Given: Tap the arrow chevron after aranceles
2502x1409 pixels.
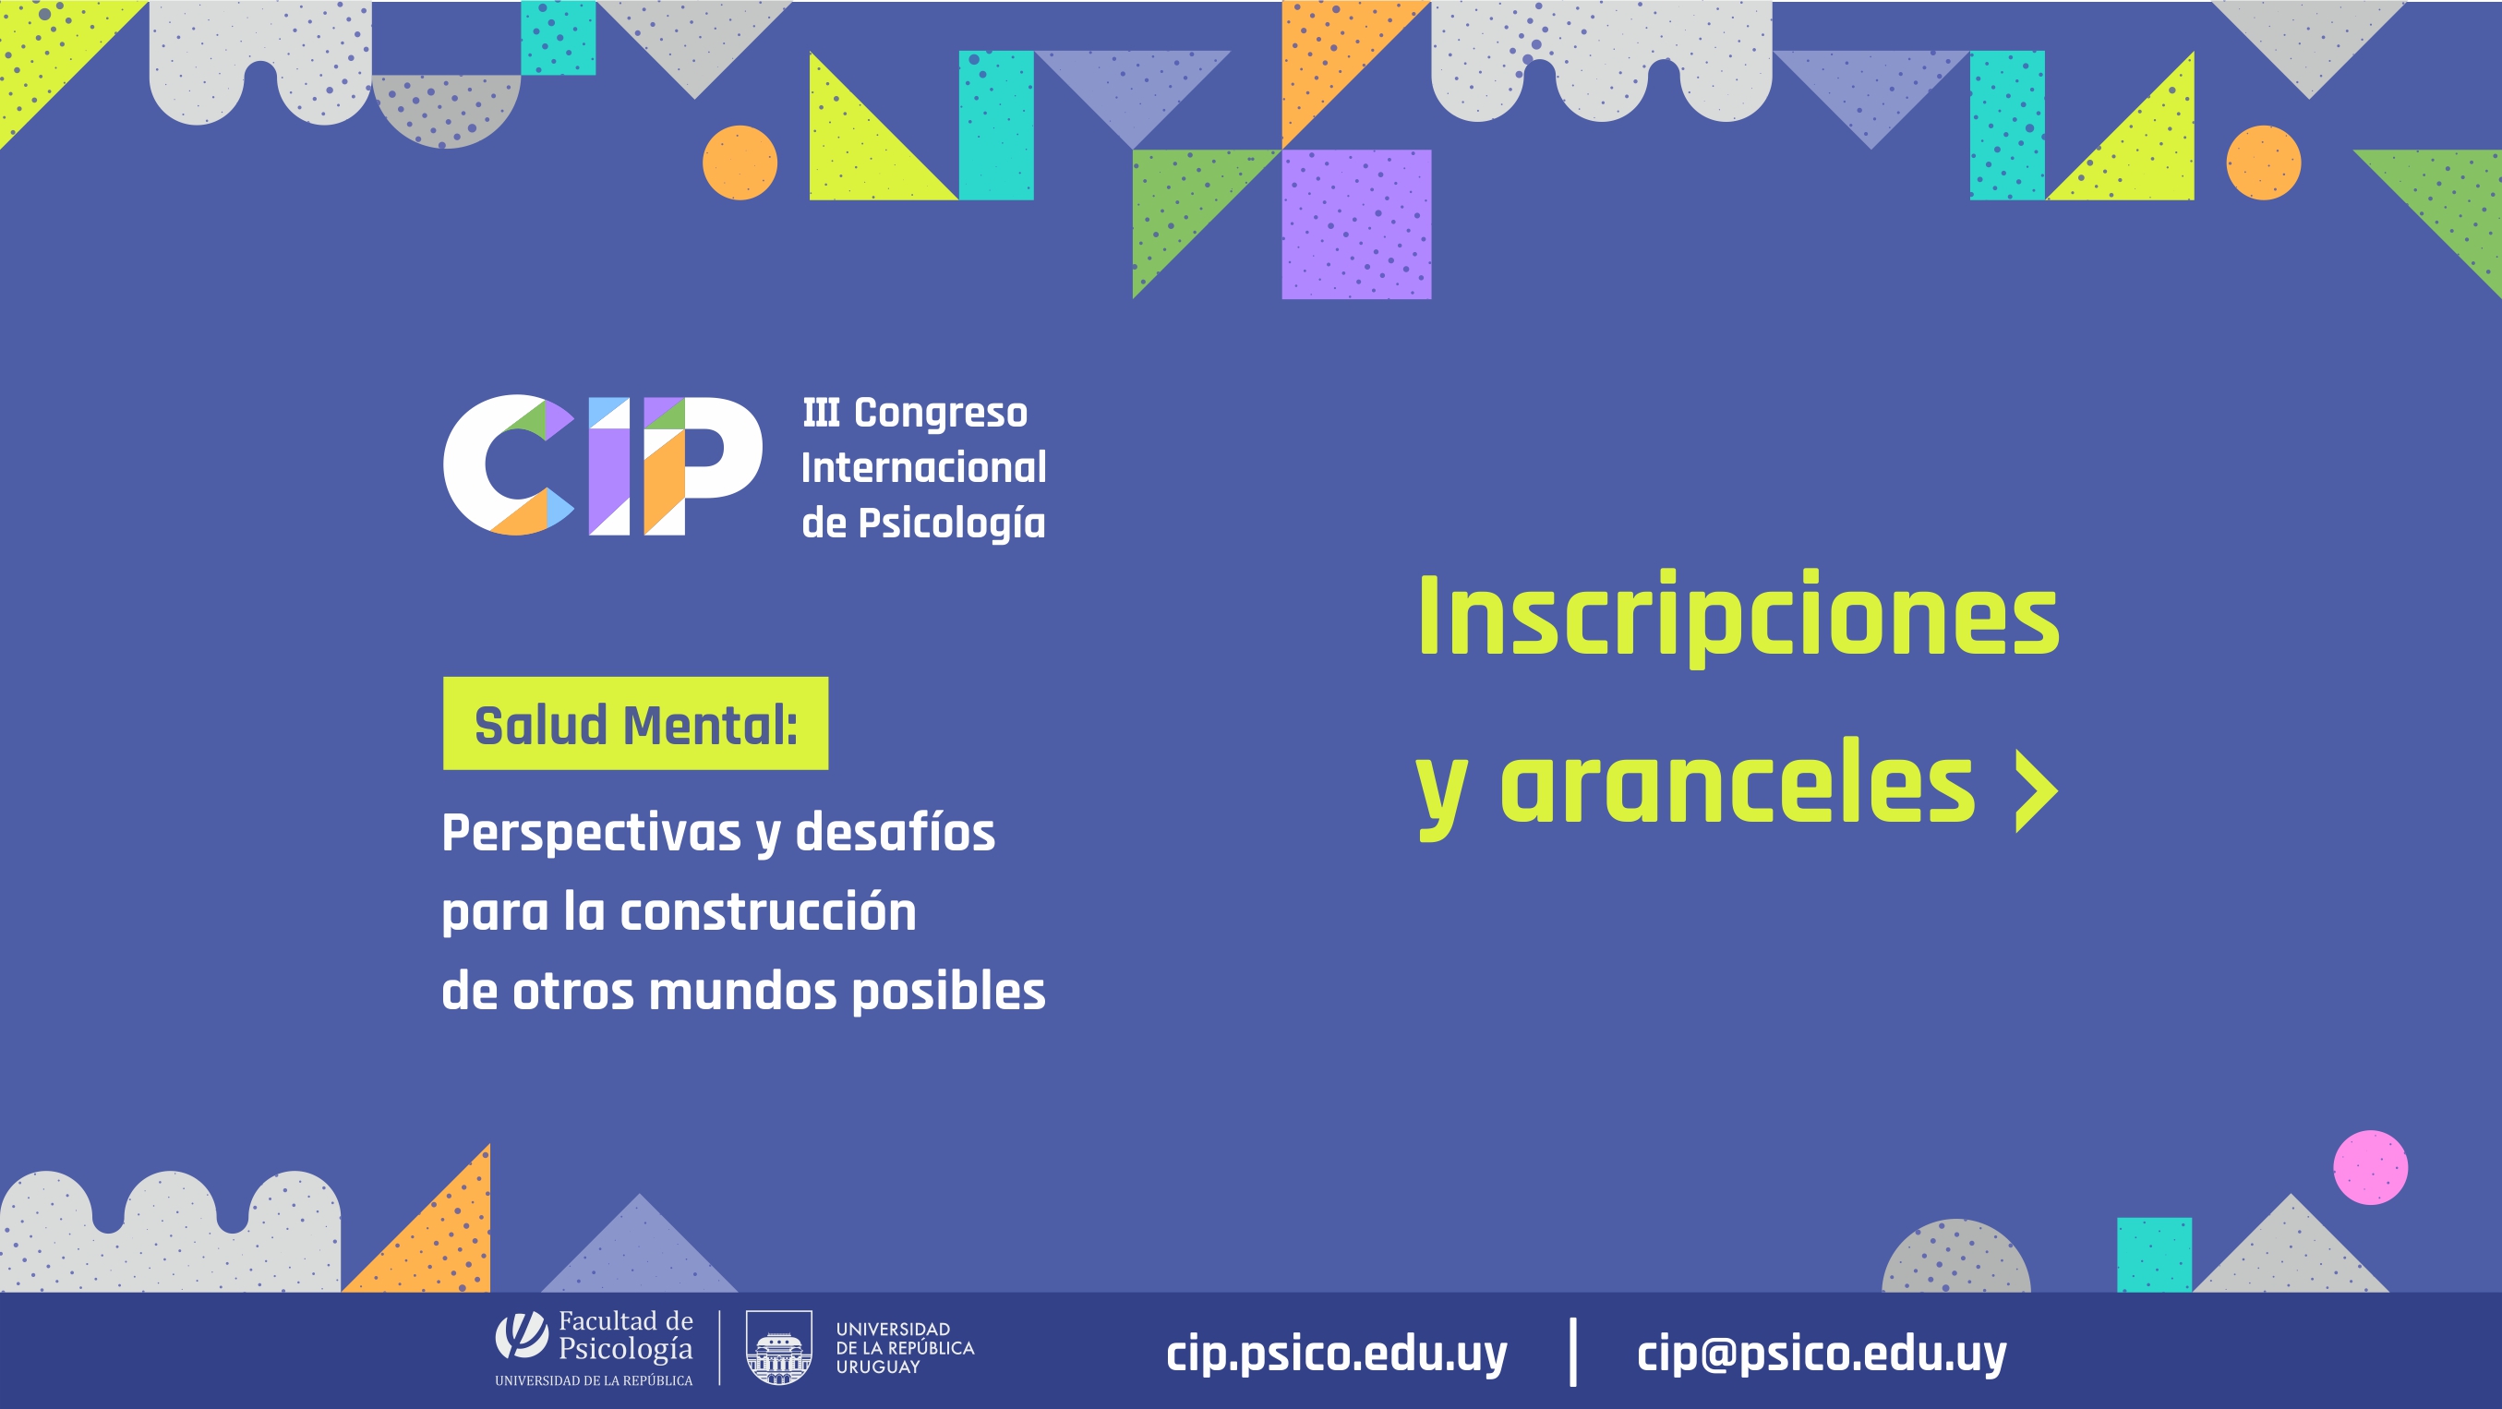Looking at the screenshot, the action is [2037, 790].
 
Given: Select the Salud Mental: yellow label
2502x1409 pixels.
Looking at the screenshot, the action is [635, 724].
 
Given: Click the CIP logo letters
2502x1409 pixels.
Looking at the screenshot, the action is [602, 464].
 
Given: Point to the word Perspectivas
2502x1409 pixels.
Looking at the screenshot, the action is [592, 833].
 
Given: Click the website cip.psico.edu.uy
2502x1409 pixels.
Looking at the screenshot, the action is [1337, 1353].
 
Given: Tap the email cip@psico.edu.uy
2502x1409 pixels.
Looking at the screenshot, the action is [1822, 1353].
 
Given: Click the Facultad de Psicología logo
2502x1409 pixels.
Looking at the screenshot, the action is [594, 1348].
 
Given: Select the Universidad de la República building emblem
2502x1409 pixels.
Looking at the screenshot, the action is [778, 1348].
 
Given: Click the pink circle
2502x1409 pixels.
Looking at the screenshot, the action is [2371, 1167].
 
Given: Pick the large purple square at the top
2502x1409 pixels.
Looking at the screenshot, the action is [1357, 224].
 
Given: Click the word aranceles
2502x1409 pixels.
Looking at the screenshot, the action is [1738, 783].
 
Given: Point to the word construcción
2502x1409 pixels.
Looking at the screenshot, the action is [768, 912].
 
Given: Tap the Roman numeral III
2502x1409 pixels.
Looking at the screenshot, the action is [821, 413].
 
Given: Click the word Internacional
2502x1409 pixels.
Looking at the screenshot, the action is [923, 467].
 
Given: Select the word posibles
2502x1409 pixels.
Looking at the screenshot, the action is [948, 992].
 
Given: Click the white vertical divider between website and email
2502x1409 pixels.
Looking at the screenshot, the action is [1573, 1352].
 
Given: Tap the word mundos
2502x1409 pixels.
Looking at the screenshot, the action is [742, 992].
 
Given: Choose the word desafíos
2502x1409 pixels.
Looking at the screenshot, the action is [896, 832].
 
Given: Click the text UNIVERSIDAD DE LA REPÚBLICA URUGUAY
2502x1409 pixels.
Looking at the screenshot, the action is [905, 1348].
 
